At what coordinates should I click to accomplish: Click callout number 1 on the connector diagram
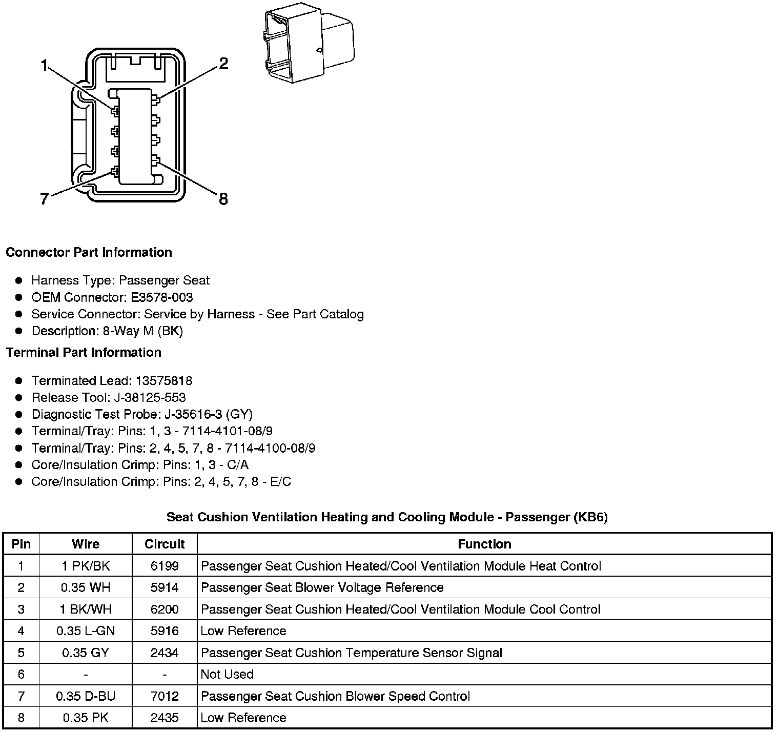point(45,65)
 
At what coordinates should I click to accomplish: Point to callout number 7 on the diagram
point(45,199)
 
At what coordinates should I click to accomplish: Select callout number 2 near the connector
point(223,64)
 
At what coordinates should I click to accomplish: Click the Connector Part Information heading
point(89,252)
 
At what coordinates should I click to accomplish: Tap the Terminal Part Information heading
point(84,353)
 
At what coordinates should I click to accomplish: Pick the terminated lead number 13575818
point(164,381)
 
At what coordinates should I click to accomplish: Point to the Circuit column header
point(165,544)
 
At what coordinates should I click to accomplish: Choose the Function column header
point(484,544)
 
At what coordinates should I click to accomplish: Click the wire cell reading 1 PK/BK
point(86,566)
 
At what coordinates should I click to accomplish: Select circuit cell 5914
point(165,587)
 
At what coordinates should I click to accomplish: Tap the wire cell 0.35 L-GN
point(86,631)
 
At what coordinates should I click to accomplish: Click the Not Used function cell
point(227,674)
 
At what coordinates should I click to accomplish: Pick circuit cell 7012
point(165,696)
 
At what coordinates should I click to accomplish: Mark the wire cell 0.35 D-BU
point(86,696)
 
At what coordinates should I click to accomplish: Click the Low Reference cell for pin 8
point(243,718)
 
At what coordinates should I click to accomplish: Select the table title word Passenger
point(535,517)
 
